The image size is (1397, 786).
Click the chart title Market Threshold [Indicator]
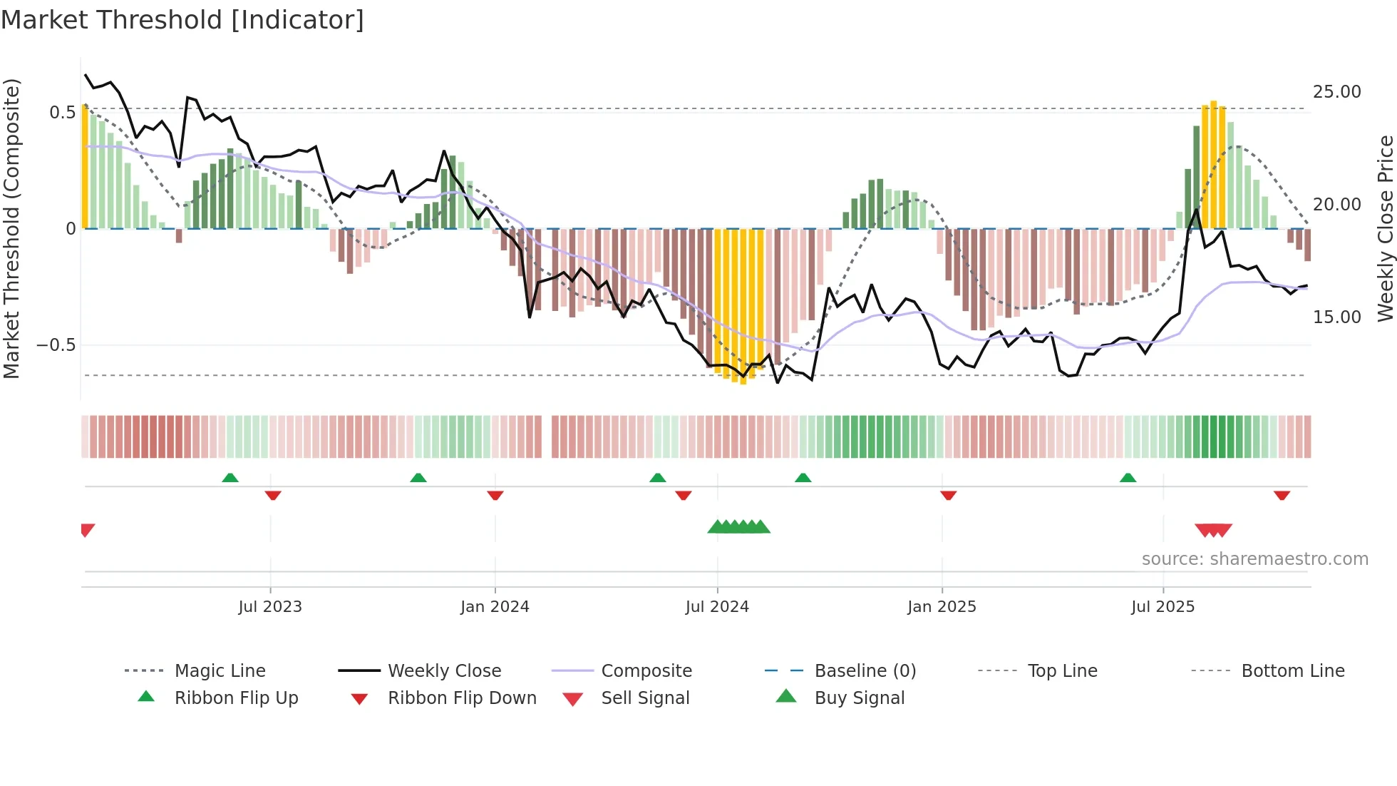[182, 20]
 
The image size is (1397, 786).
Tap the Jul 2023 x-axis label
[270, 607]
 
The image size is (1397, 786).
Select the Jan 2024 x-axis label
[495, 607]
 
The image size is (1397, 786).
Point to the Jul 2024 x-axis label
[717, 607]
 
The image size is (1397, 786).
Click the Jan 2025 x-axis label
[942, 607]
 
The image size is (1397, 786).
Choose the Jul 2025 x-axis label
[1163, 607]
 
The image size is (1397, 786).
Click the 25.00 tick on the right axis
[1336, 92]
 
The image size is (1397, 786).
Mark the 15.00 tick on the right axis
[1336, 317]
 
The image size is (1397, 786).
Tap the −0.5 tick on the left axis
[56, 345]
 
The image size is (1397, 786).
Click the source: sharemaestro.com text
[1254, 559]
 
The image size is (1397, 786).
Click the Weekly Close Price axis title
[1385, 228]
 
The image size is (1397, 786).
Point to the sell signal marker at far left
[87, 529]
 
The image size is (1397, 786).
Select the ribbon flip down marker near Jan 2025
[948, 495]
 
